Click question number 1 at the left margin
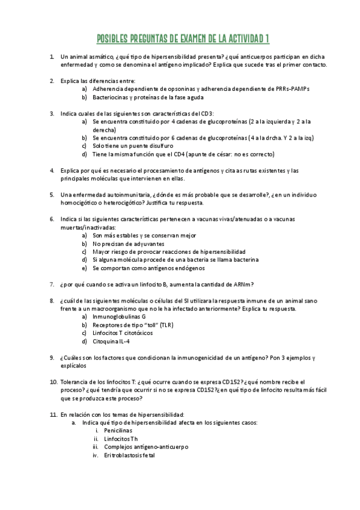click(52, 57)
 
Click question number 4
click(52, 170)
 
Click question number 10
click(53, 381)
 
